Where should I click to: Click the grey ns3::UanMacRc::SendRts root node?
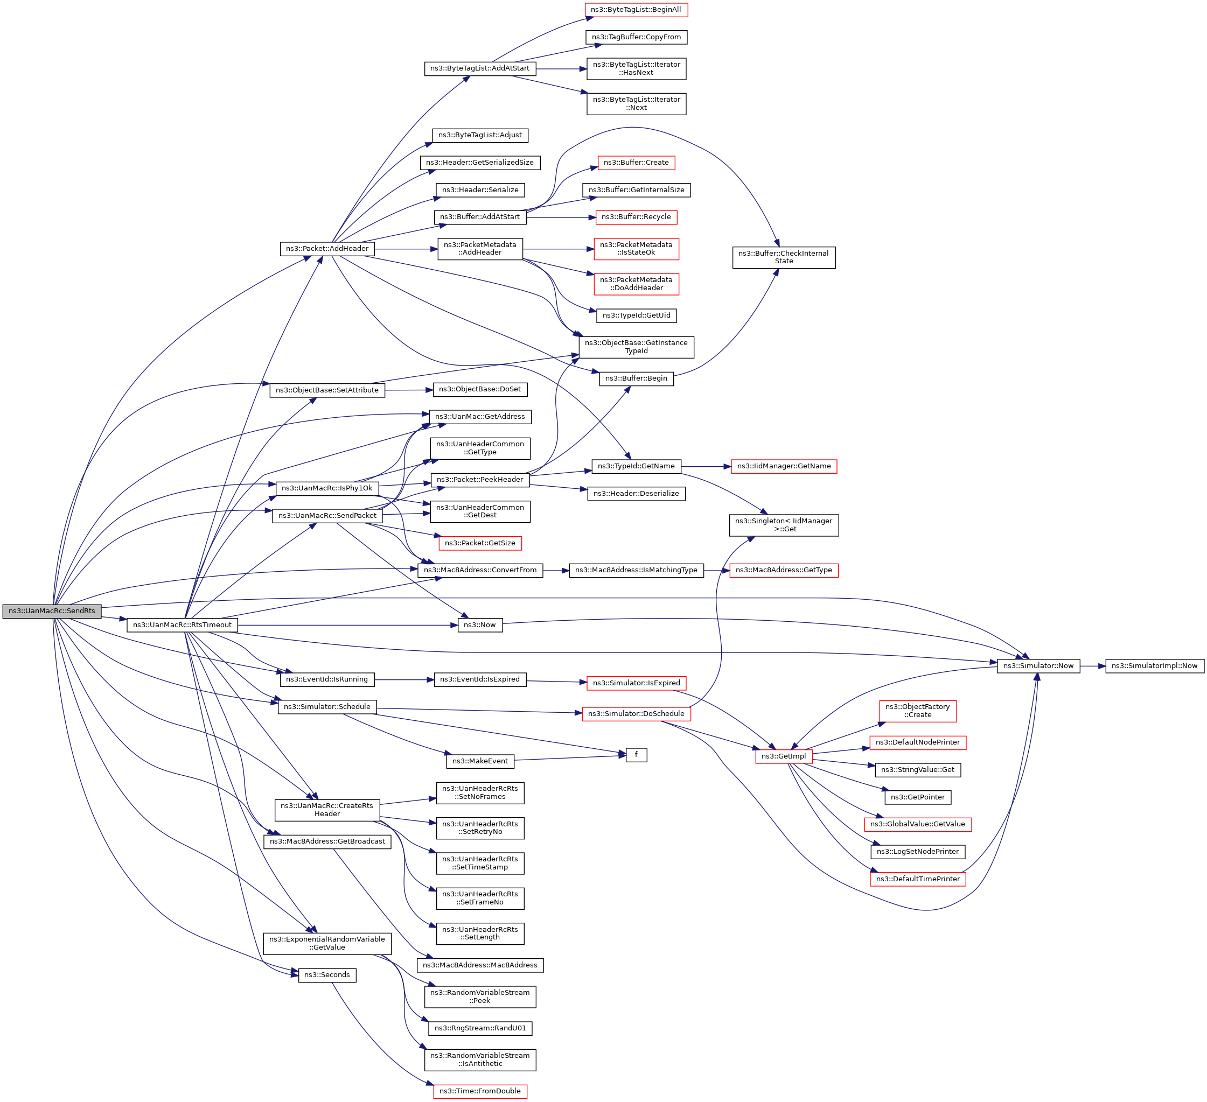point(52,611)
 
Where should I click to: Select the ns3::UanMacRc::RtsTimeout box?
point(182,625)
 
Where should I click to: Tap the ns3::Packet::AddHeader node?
point(327,248)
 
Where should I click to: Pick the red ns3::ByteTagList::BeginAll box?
point(637,10)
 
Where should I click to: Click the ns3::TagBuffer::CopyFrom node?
point(637,37)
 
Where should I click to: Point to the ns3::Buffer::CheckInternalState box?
point(784,257)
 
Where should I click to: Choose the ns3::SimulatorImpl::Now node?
point(1154,665)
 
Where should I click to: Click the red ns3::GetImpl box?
point(784,756)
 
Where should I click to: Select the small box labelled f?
point(637,755)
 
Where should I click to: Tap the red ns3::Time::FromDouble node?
point(480,1091)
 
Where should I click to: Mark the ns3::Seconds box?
point(327,975)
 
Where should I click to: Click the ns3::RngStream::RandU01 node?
point(480,1028)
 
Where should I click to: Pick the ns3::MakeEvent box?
point(480,761)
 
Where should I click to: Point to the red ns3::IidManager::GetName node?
point(784,466)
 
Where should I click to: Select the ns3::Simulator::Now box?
point(1039,665)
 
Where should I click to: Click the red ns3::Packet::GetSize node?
point(480,543)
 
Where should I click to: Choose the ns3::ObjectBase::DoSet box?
point(480,389)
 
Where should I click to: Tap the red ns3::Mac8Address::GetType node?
point(784,571)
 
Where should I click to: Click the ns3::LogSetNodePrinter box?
point(918,852)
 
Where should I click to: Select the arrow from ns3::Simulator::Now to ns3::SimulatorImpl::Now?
point(1093,665)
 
